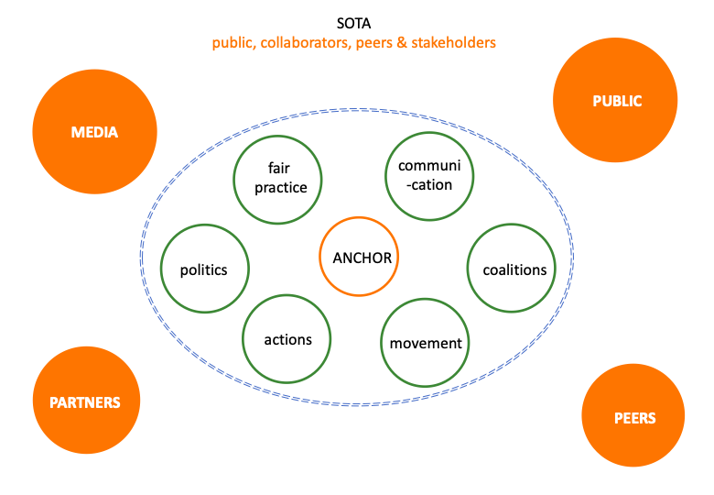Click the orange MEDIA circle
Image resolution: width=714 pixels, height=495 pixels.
pos(95,132)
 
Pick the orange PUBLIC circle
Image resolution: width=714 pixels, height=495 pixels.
pos(615,101)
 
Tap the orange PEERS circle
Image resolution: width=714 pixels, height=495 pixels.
pos(634,417)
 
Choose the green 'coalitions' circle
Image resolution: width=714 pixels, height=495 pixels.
pos(514,269)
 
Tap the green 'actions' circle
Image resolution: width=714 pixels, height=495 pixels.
pos(287,340)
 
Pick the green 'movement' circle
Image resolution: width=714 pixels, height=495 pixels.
pos(426,344)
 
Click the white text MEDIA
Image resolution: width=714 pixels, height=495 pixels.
pos(95,132)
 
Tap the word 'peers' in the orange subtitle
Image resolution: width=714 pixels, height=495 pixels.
pos(374,43)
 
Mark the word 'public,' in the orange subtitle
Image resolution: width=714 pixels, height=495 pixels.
pos(233,43)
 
